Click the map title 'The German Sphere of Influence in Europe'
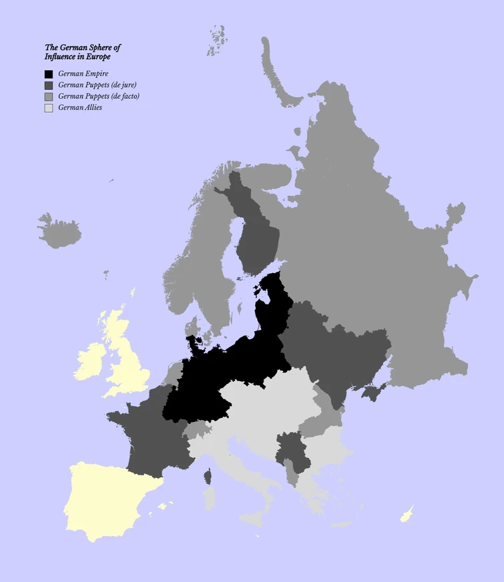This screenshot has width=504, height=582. pos(82,52)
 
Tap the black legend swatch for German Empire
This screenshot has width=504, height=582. pos(49,74)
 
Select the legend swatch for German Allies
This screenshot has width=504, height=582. pos(49,107)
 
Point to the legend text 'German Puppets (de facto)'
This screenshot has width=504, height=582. pos(99,96)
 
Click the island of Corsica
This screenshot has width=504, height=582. pos(208,476)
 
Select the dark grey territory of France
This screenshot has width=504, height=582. pos(150,434)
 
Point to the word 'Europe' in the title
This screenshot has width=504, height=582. pos(97,57)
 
